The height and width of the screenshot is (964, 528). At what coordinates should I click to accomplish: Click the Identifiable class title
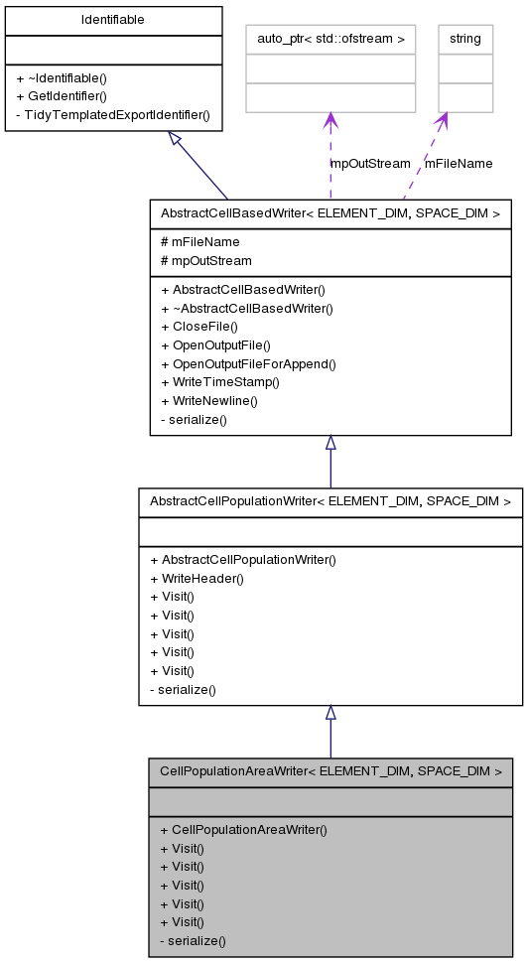(x=112, y=20)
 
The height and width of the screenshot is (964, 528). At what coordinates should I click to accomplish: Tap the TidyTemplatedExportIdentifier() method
(x=113, y=114)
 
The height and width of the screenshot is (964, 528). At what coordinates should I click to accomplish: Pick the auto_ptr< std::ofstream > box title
(x=330, y=39)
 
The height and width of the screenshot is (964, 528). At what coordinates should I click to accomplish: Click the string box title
(x=464, y=39)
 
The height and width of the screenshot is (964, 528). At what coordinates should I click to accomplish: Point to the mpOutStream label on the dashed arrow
(x=370, y=163)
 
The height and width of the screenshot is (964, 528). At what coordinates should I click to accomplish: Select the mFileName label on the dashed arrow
(x=459, y=163)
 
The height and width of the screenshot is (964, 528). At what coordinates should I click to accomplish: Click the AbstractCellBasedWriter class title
(x=330, y=212)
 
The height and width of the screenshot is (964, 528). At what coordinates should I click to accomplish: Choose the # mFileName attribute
(x=199, y=241)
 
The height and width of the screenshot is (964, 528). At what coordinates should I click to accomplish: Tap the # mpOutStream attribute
(x=205, y=260)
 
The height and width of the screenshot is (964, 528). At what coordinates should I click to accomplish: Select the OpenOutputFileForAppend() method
(x=248, y=364)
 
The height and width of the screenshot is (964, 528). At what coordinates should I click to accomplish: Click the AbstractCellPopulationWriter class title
(x=330, y=501)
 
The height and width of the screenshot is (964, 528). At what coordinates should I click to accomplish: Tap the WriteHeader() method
(x=197, y=578)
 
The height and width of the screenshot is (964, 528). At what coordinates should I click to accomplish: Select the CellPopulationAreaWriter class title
(x=330, y=769)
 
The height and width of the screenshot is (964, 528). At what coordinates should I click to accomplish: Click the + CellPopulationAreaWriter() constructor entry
(x=243, y=829)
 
